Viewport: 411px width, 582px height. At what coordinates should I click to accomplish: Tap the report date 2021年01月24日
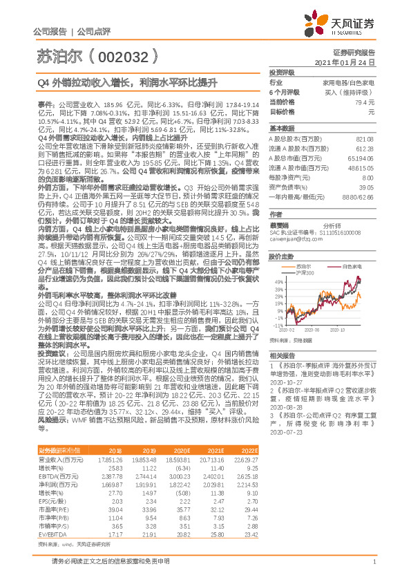pyautogui.click(x=344, y=62)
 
